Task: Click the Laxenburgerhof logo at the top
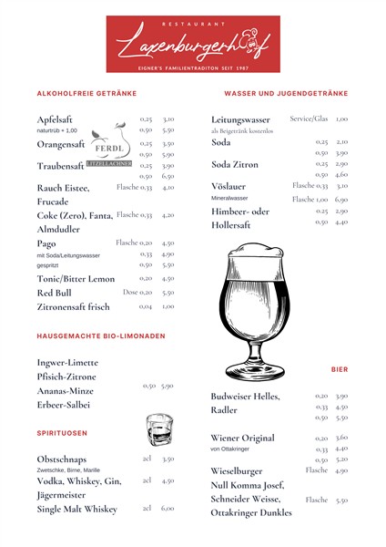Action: (193, 42)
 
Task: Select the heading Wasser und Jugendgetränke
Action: (286, 93)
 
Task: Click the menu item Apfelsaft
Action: (55, 119)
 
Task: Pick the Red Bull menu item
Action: (54, 293)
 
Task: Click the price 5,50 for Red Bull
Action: (168, 293)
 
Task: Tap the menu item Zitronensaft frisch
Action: (73, 307)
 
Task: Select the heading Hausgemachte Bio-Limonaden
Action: (101, 336)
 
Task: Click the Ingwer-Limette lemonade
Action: (66, 363)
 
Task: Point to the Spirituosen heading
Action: (62, 432)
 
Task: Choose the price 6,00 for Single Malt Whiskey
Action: (168, 509)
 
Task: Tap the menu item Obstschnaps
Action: (63, 459)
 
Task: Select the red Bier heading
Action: (339, 370)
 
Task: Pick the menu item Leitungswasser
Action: (240, 119)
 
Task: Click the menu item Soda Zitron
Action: (235, 164)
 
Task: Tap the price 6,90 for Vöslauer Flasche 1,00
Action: (341, 199)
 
